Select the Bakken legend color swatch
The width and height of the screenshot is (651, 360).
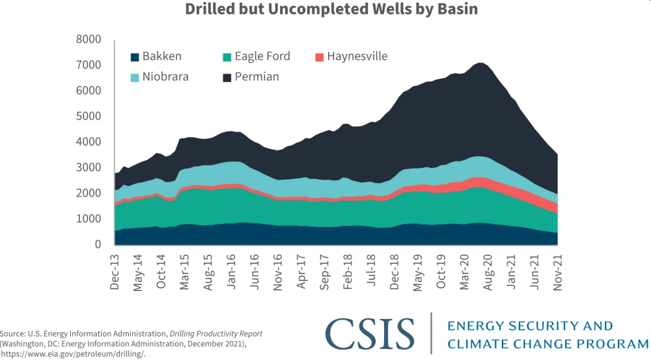(x=135, y=57)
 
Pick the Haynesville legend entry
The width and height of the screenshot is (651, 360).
(x=357, y=57)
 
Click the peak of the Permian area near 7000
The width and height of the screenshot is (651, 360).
(x=480, y=64)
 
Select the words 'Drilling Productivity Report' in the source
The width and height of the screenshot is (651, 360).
(x=219, y=334)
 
